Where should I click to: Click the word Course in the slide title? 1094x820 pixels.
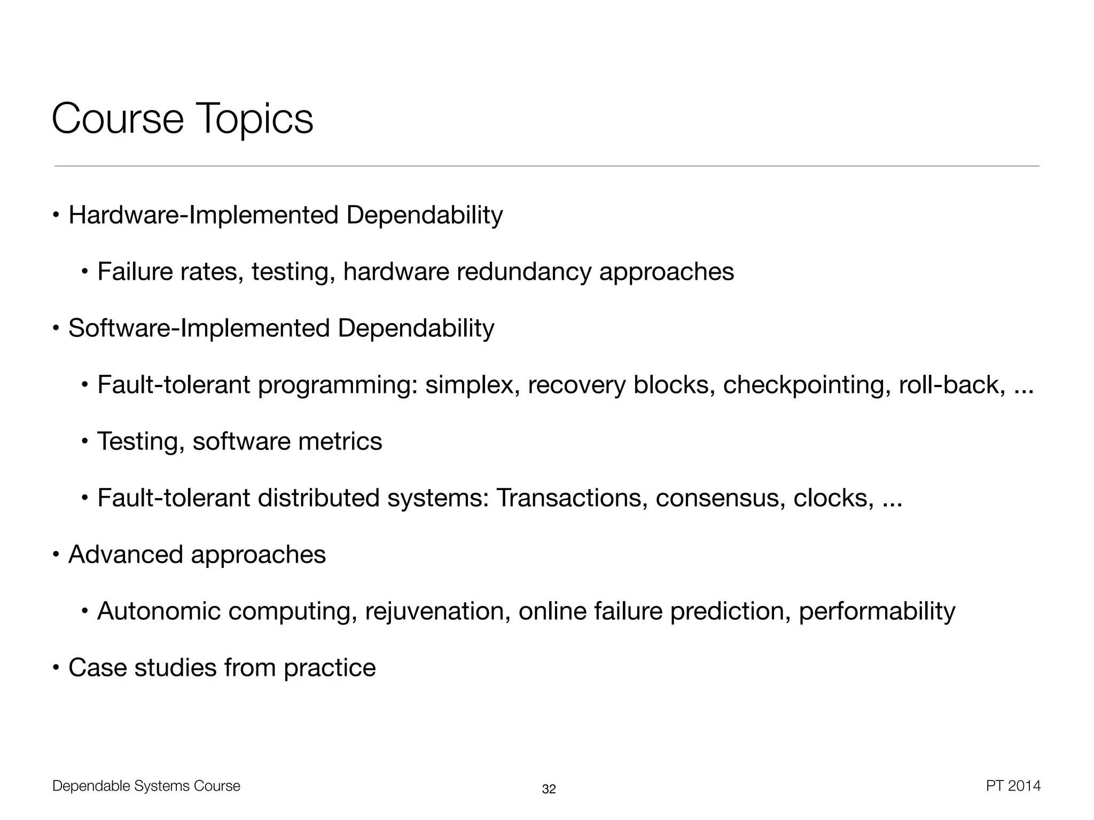118,119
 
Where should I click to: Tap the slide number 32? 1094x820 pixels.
549,789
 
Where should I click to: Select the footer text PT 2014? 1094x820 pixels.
1013,786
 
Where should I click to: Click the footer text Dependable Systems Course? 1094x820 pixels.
146,786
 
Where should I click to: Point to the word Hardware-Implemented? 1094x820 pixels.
203,215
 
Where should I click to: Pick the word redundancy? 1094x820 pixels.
524,272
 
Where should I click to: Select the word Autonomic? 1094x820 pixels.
159,611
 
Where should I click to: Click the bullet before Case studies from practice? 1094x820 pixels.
56,668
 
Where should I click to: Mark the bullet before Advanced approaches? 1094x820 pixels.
56,555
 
